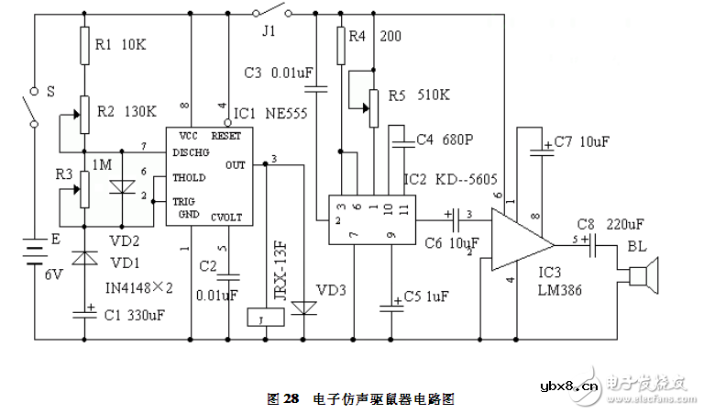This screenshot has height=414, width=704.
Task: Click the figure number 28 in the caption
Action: [291, 399]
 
